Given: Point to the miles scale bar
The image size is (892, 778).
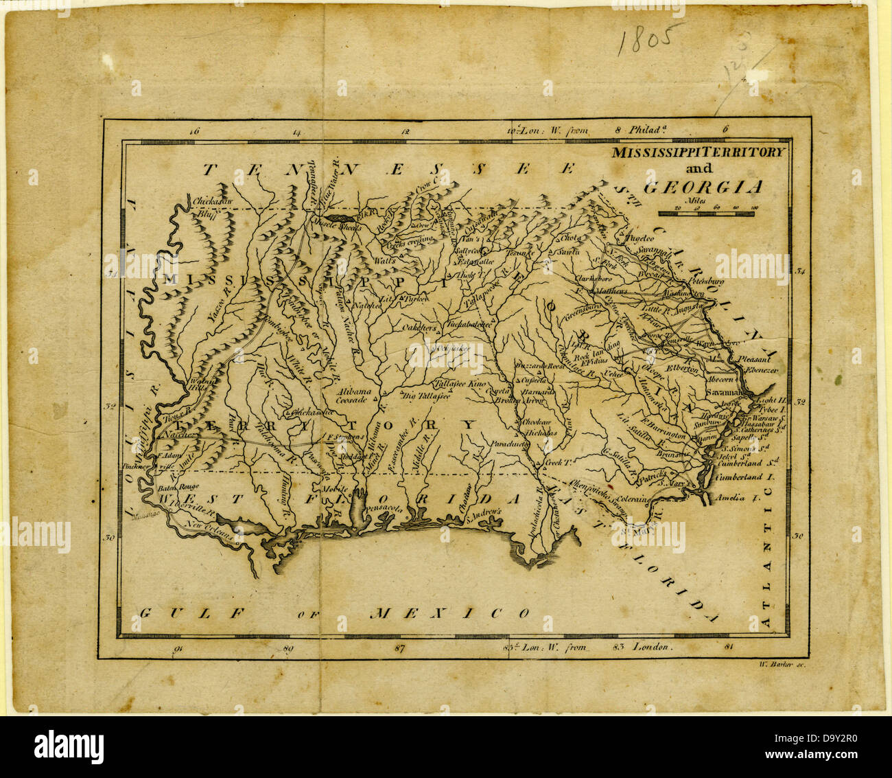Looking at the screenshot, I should coord(707,213).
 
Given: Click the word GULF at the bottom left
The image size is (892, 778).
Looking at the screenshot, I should coord(191,612).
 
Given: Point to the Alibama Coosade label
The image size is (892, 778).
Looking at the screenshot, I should coord(353,395).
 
